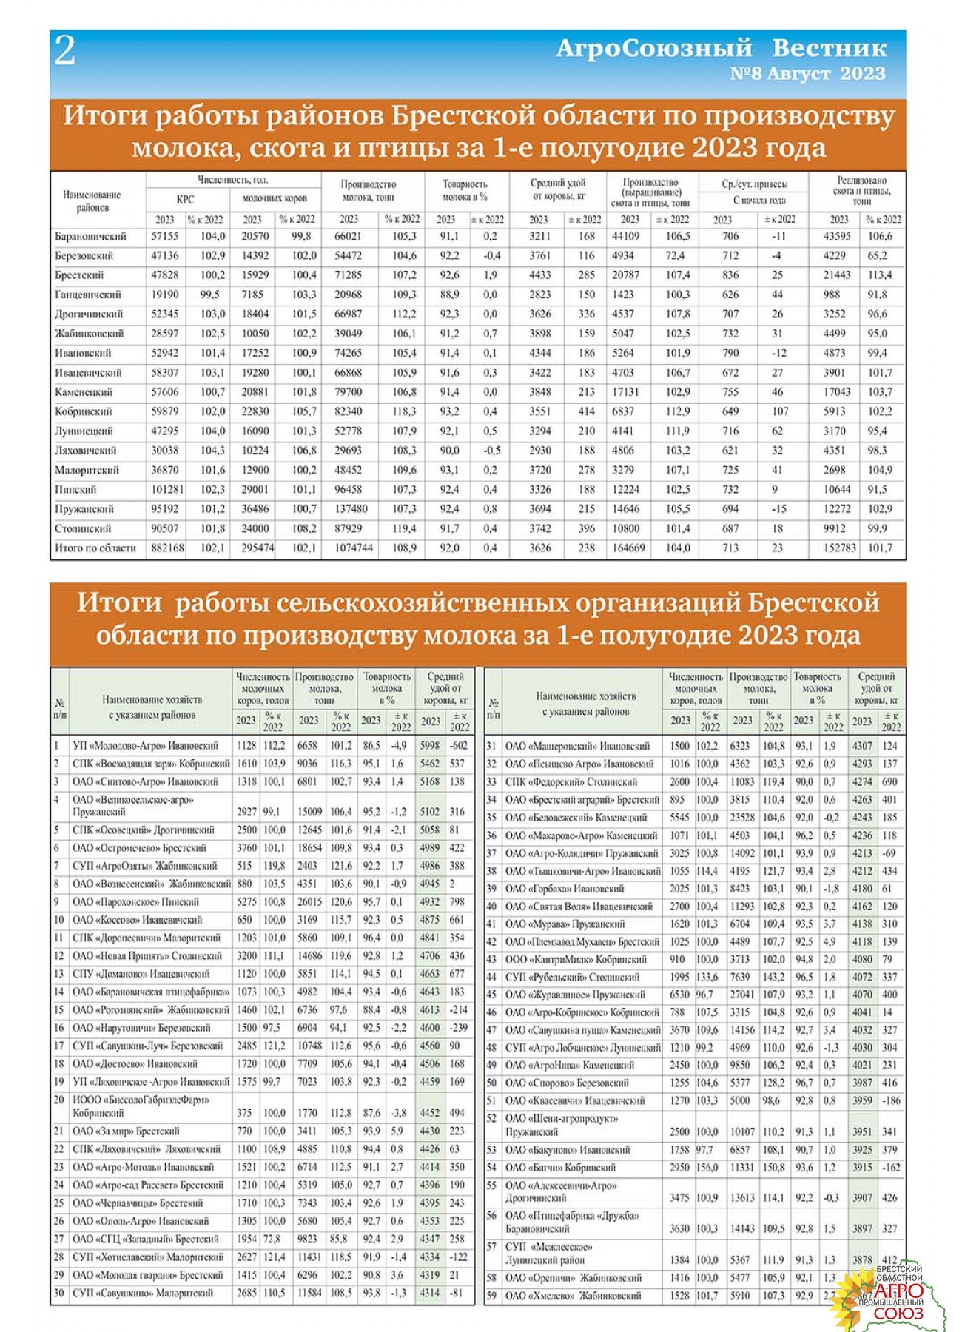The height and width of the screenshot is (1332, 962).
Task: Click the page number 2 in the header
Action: pyautogui.click(x=65, y=51)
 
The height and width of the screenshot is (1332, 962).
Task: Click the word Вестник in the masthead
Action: pyautogui.click(x=829, y=48)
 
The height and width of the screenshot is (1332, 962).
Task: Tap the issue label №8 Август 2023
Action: pyautogui.click(x=807, y=74)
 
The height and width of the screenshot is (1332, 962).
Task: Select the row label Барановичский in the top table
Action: pyautogui.click(x=90, y=237)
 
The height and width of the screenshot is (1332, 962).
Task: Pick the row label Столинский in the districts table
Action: pyautogui.click(x=83, y=529)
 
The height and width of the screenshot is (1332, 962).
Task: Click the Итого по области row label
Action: pyautogui.click(x=95, y=548)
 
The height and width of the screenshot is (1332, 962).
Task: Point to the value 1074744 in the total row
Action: pyautogui.click(x=353, y=548)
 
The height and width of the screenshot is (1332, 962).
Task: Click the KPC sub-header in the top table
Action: pyautogui.click(x=185, y=199)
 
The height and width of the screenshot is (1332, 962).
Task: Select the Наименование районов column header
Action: pyautogui.click(x=92, y=201)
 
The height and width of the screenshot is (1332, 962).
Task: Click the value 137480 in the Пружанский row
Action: pyautogui.click(x=351, y=509)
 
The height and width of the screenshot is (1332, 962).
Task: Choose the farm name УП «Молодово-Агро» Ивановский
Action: pyautogui.click(x=146, y=746)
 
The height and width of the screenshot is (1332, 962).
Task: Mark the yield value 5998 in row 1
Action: pyautogui.click(x=430, y=746)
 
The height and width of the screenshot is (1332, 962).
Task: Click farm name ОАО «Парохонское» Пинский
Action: pyautogui.click(x=136, y=902)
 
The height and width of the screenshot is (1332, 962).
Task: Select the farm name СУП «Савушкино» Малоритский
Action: pyautogui.click(x=143, y=1294)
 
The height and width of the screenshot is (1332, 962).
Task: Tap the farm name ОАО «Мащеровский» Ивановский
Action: pyautogui.click(x=577, y=747)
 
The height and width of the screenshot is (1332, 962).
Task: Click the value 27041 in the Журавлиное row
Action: pyautogui.click(x=742, y=995)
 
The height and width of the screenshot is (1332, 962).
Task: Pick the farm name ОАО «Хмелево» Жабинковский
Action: pyautogui.click(x=573, y=1296)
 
